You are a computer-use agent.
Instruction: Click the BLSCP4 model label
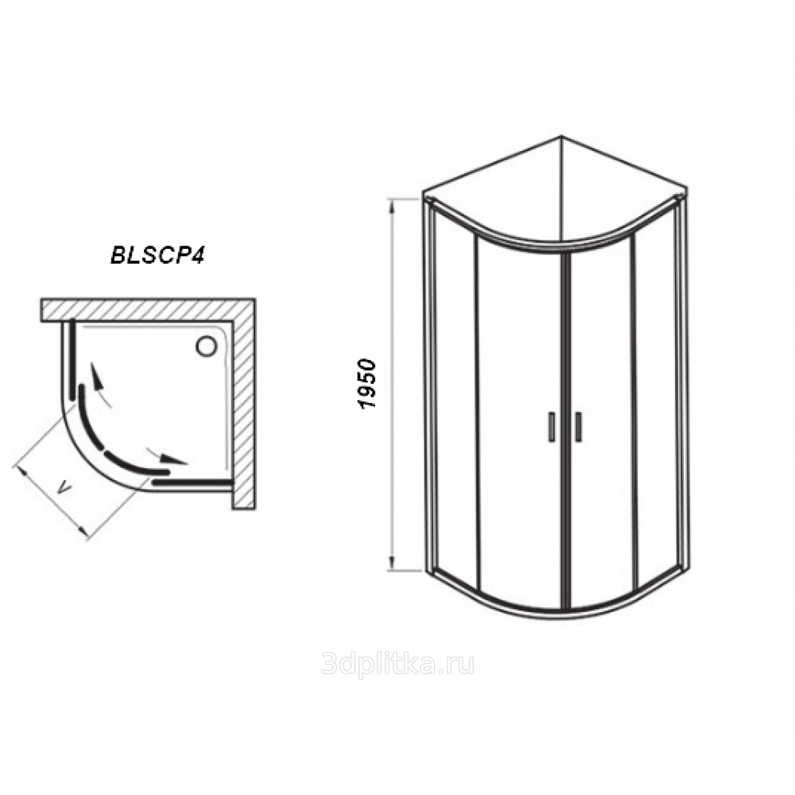point(157,256)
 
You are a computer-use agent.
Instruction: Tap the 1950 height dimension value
point(366,384)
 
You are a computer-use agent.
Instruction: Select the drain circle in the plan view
point(207,347)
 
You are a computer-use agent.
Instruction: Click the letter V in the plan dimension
point(64,489)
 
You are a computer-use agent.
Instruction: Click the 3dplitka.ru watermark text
point(397,664)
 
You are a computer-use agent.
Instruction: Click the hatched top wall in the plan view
point(147,309)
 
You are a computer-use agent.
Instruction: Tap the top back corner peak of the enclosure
point(560,136)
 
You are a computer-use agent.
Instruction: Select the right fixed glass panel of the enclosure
point(655,394)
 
